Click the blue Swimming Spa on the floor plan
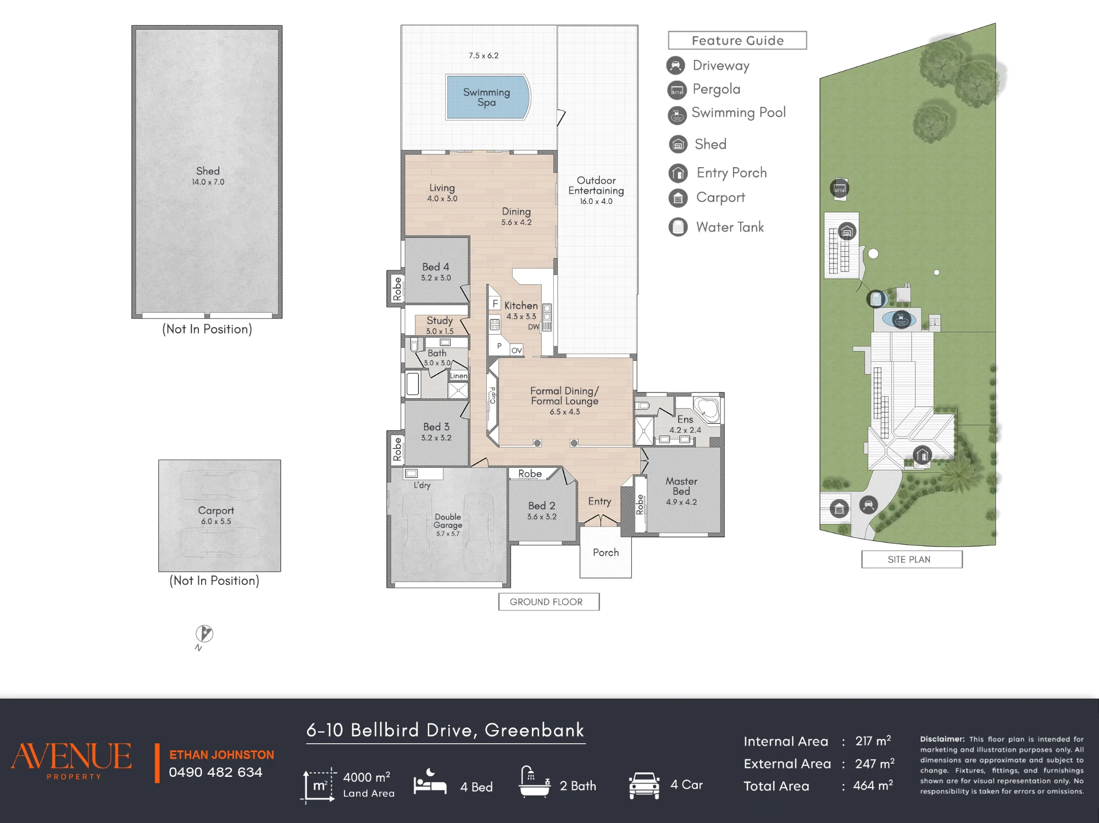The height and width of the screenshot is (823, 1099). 488,97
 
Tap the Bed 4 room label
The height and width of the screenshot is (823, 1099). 436,267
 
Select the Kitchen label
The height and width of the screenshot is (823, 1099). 521,306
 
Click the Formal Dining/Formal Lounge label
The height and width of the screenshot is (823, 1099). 564,396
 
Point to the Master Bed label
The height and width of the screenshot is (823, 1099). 681,486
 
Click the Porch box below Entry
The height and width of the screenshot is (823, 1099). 606,552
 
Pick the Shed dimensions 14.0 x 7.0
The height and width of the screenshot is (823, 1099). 208,182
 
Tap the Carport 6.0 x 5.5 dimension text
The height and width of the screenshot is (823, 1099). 216,521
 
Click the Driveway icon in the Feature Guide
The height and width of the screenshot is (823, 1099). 676,65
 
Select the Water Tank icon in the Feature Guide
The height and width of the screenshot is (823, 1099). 678,227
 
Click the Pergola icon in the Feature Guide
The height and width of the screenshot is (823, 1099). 677,90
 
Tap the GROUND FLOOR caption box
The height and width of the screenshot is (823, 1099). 548,601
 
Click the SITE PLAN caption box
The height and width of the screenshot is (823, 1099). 912,559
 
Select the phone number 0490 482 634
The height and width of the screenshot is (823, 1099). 215,772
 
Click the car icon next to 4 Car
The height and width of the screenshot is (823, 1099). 645,786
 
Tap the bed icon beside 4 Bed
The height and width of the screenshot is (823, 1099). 430,782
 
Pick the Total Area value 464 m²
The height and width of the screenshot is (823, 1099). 873,786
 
